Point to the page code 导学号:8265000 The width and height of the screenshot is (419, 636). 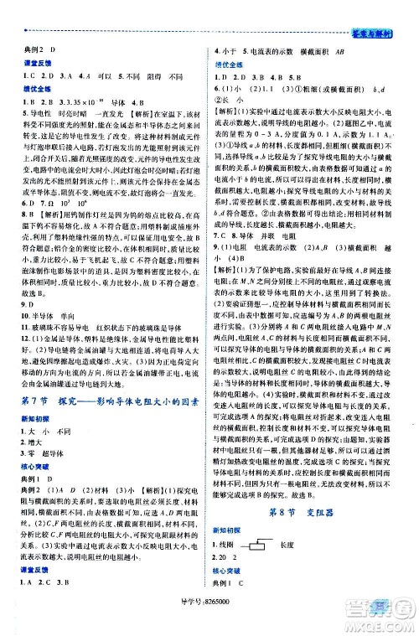pos(209,623)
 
